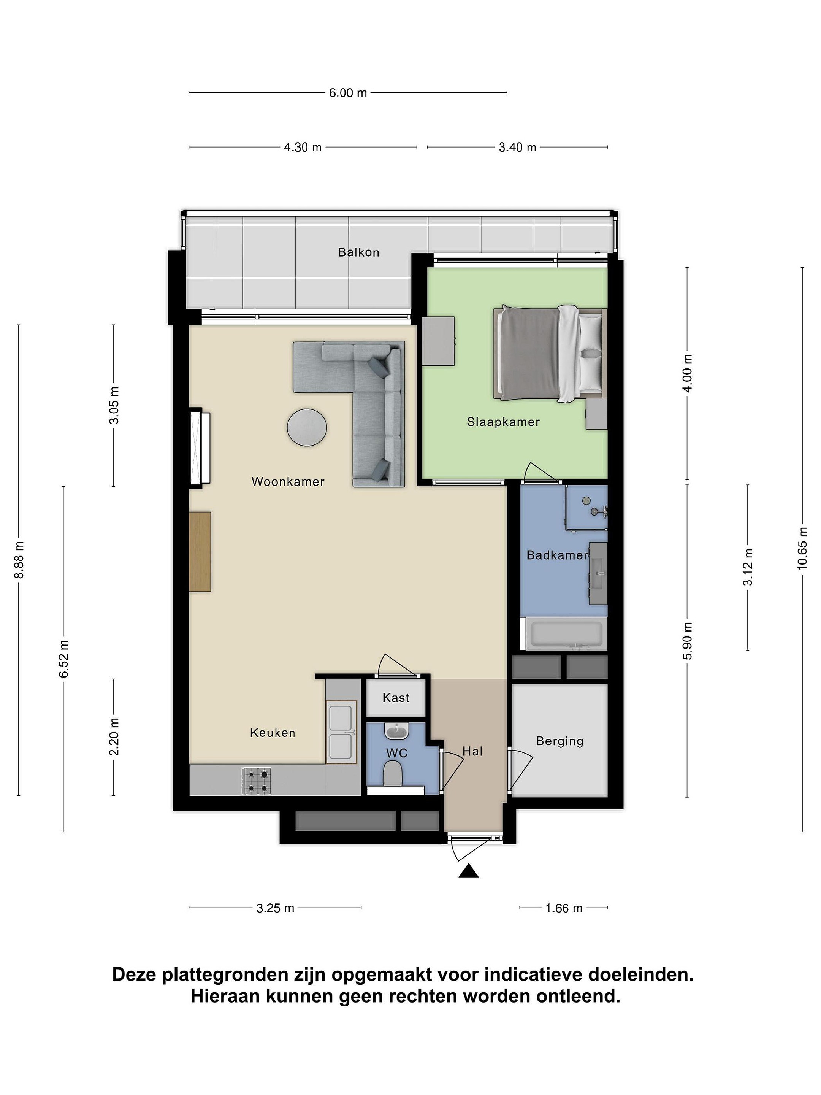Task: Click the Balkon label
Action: click(x=358, y=252)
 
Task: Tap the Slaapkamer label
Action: click(x=503, y=422)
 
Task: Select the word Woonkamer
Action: click(x=288, y=481)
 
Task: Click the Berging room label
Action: click(x=560, y=741)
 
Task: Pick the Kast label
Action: click(x=396, y=698)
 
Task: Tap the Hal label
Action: click(x=472, y=751)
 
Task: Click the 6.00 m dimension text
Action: click(x=348, y=92)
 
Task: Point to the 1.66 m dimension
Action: click(x=564, y=908)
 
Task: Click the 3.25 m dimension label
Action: click(x=275, y=908)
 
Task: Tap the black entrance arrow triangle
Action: click(x=468, y=871)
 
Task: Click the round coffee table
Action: click(x=307, y=427)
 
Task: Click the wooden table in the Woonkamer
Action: click(x=200, y=551)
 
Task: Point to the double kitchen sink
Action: click(x=341, y=732)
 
